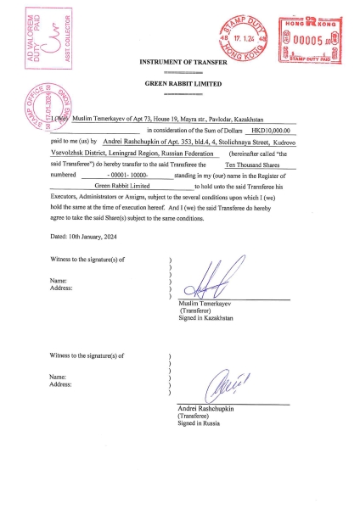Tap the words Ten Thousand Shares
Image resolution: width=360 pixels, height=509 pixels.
coord(254,162)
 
